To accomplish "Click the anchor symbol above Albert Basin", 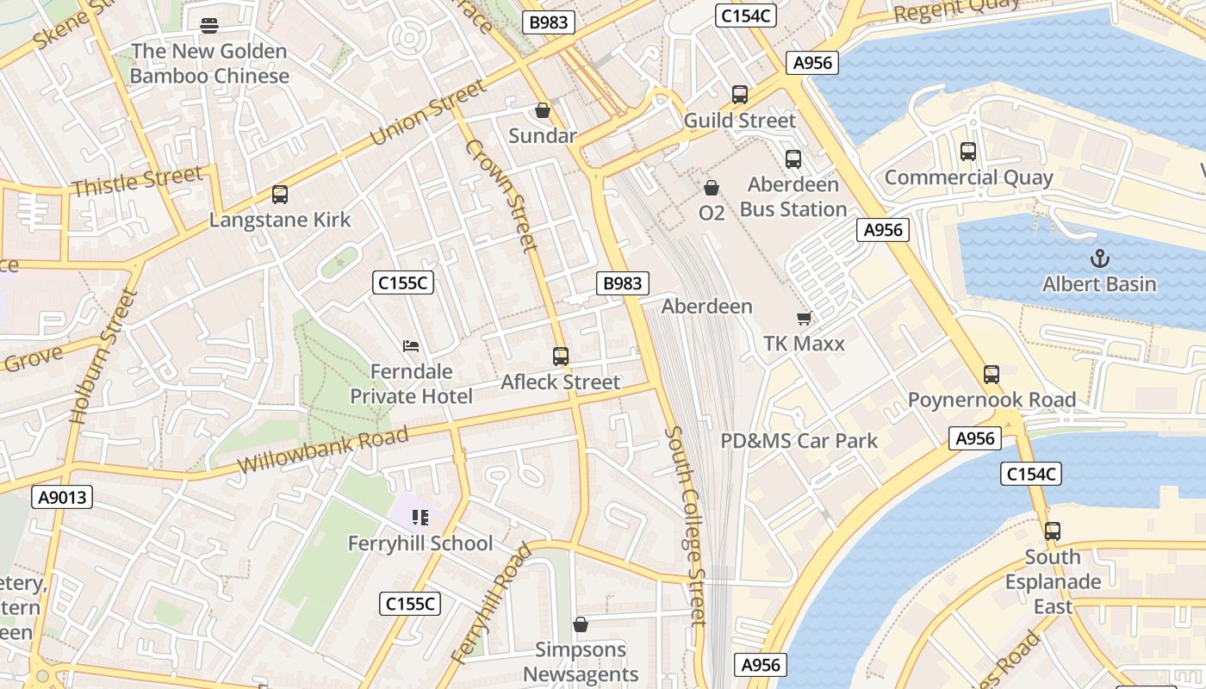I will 1099,258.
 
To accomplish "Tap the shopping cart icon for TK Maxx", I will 804,319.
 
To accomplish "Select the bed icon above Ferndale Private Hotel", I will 412,346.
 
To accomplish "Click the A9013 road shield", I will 61,497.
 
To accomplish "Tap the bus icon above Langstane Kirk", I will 280,195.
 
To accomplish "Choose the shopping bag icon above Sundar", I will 543,110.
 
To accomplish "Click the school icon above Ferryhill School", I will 420,518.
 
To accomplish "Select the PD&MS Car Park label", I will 799,441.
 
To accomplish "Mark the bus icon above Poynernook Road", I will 992,375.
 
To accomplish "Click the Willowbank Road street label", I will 322,450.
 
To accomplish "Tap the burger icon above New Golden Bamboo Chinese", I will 208,26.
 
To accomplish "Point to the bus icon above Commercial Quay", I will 968,152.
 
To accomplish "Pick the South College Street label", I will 687,525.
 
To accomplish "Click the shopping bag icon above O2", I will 712,187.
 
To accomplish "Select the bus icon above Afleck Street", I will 561,357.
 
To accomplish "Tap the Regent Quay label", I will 956,11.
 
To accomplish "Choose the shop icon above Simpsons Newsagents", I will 581,624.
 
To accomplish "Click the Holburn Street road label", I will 103,356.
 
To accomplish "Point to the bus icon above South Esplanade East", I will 1053,531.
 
